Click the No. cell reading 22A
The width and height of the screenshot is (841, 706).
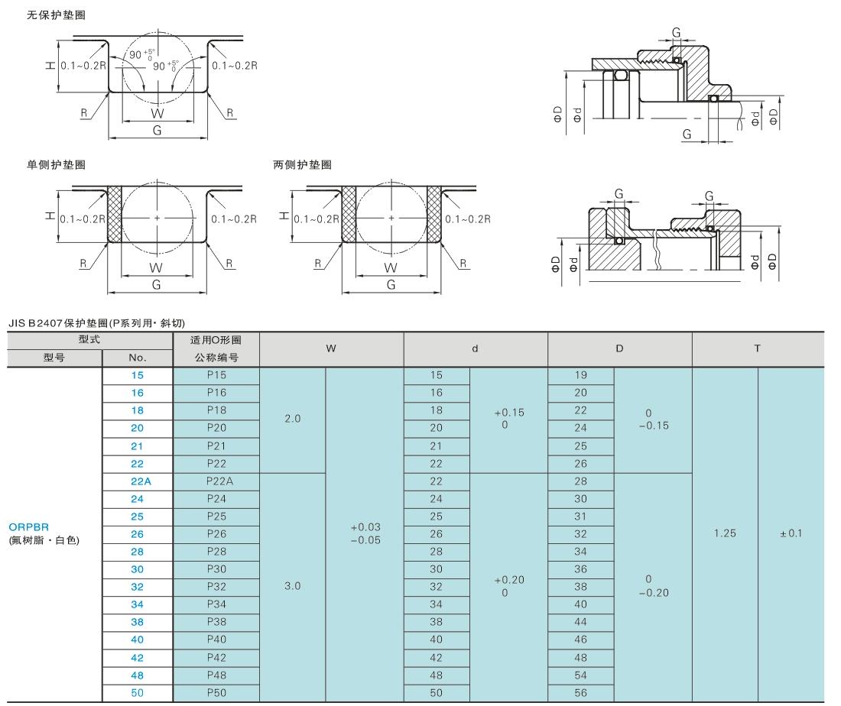138,481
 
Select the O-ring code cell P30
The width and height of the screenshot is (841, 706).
216,568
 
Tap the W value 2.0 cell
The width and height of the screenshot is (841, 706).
293,419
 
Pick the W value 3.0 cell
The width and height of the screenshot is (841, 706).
293,586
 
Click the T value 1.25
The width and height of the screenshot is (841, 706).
725,533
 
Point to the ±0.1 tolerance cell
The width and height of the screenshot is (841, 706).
791,533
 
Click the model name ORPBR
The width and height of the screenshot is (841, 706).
29,526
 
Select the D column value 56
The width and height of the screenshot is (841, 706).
580,693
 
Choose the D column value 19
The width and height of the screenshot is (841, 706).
580,376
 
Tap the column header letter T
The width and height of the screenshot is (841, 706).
757,348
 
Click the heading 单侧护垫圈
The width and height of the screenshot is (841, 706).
56,164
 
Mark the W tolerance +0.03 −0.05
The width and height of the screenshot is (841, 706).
365,533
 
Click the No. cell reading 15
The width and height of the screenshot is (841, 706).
138,376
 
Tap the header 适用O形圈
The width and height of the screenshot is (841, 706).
216,340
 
